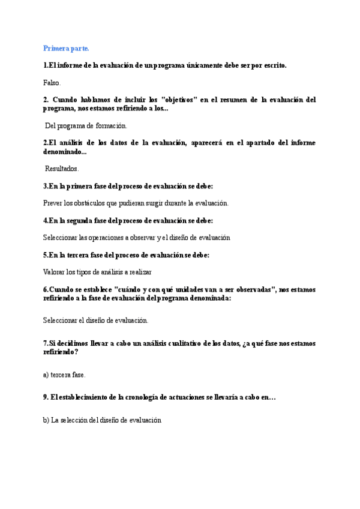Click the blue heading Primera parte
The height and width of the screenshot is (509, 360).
click(x=66, y=49)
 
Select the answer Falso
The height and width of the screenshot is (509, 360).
click(x=52, y=82)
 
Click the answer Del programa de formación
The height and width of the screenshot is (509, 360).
click(x=86, y=126)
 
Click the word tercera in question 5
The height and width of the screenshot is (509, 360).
click(x=86, y=254)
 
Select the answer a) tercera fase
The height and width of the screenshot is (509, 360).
click(x=64, y=375)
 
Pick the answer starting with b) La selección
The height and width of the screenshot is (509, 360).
click(x=102, y=421)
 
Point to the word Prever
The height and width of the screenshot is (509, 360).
click(x=53, y=203)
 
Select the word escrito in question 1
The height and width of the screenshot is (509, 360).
click(x=272, y=65)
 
